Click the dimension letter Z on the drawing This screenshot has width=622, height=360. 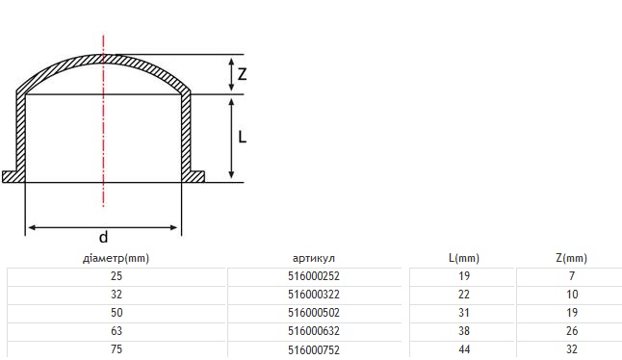click(x=242, y=74)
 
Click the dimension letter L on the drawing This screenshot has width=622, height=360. click(x=242, y=138)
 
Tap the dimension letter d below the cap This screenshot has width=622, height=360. click(x=103, y=237)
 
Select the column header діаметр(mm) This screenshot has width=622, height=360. click(x=116, y=259)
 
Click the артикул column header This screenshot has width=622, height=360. click(x=314, y=259)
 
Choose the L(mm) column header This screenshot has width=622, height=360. click(x=464, y=259)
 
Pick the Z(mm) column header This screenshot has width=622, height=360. click(x=572, y=259)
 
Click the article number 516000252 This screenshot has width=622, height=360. click(x=314, y=276)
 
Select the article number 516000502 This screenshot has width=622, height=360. click(x=314, y=313)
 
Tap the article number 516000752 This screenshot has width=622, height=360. click(x=314, y=350)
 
